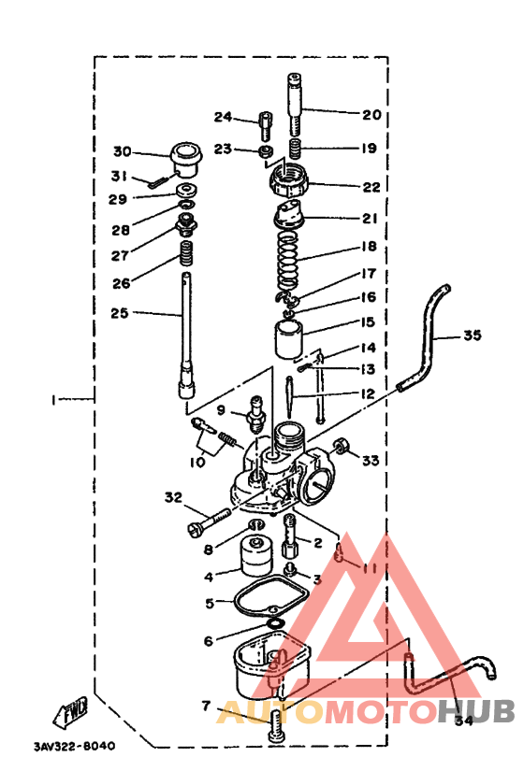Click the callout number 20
pos(371,115)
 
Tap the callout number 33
pos(371,461)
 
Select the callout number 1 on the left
pos(56,399)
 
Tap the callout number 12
pos(369,394)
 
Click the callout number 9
pos(222,409)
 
